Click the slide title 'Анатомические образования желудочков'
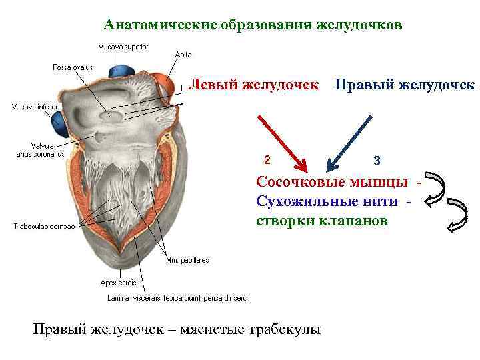click(253, 25)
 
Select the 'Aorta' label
click(183, 55)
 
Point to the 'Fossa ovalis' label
click(73, 67)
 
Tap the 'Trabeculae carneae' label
click(44, 226)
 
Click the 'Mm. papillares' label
click(187, 260)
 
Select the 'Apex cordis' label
click(118, 282)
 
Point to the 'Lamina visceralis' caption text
click(177, 298)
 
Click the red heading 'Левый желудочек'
click(253, 85)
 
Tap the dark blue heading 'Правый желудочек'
click(404, 85)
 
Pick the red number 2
click(267, 160)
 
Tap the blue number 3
click(377, 161)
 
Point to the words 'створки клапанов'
click(321, 221)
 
